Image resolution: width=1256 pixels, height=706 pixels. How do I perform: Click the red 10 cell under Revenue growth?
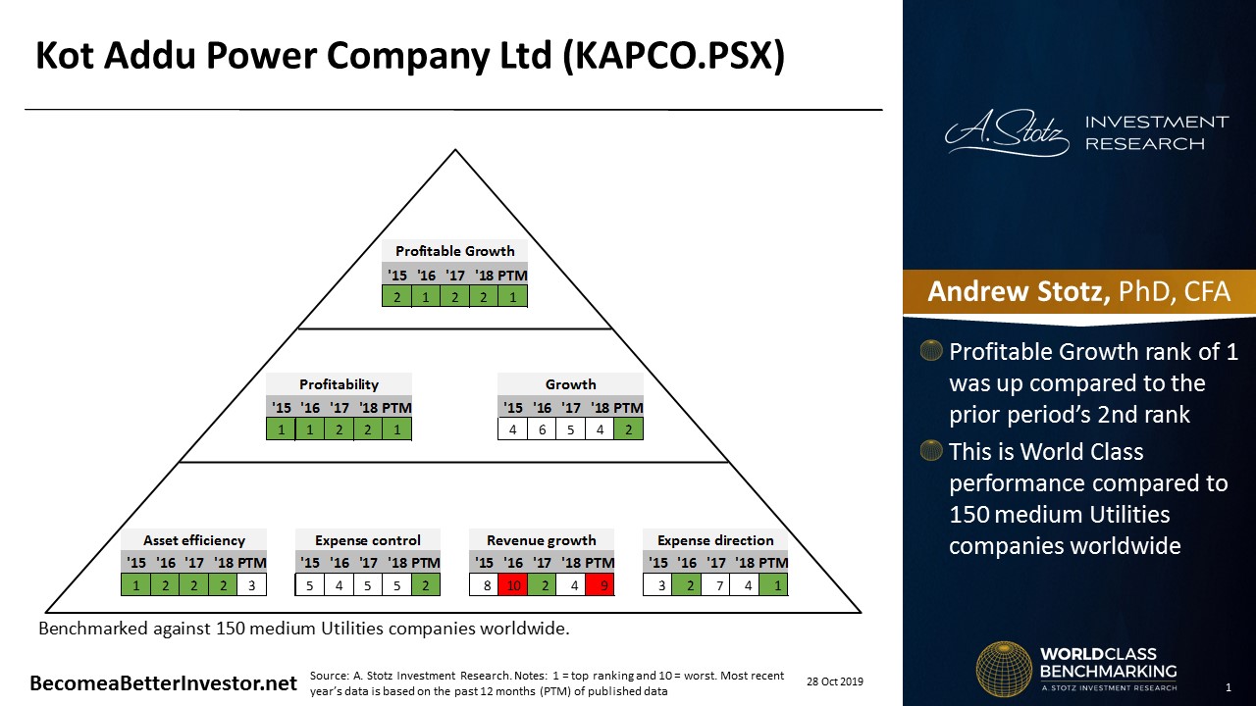(x=513, y=585)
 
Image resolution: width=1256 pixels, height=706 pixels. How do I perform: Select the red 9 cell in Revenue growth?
(x=600, y=585)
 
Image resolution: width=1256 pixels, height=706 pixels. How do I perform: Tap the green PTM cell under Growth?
(x=629, y=429)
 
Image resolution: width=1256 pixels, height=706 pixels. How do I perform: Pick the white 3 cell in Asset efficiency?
(x=252, y=585)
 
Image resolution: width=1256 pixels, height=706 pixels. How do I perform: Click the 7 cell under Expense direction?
(x=719, y=585)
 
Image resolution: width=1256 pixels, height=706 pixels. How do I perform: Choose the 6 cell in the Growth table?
(x=542, y=429)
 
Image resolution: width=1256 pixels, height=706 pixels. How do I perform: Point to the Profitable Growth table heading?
(x=454, y=251)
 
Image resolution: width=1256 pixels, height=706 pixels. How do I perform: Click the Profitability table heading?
(x=339, y=384)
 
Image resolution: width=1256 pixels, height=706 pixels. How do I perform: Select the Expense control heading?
(x=367, y=540)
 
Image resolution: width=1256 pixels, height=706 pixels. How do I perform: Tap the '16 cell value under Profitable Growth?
(x=426, y=296)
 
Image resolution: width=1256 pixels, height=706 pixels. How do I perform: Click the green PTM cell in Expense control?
(x=426, y=585)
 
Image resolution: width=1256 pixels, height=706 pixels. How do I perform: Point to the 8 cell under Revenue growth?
(x=486, y=585)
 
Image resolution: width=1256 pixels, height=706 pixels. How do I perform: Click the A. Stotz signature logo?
(x=1007, y=132)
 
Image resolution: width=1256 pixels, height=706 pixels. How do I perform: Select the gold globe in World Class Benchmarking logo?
(x=1004, y=670)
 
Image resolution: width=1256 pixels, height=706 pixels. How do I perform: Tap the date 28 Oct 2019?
(x=835, y=681)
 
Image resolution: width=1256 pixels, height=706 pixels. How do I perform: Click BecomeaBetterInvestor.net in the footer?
(x=163, y=683)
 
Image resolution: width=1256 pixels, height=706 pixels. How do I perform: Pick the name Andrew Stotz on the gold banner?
(x=1019, y=291)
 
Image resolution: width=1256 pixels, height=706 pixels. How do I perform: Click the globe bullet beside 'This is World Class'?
(x=931, y=451)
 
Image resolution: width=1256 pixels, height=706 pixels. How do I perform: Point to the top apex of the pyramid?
(x=455, y=150)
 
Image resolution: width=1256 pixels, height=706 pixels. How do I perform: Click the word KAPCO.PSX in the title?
(x=673, y=56)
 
